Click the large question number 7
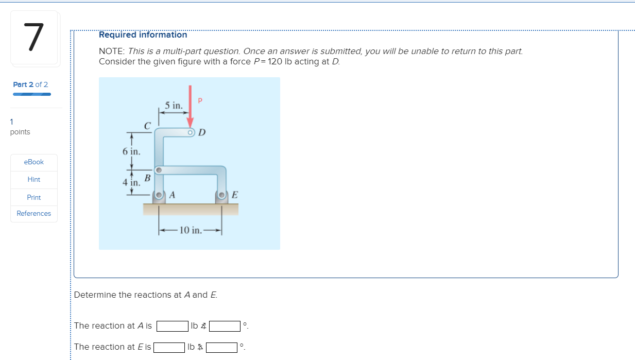(x=34, y=38)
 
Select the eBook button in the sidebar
(x=34, y=162)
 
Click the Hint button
(x=34, y=179)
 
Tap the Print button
(x=34, y=197)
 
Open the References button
(x=34, y=213)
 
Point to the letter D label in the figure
(x=202, y=133)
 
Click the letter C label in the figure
(x=147, y=125)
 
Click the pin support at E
(x=222, y=195)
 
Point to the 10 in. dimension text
(x=191, y=230)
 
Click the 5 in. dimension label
(x=174, y=106)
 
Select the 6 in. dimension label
(x=131, y=151)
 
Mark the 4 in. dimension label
(x=131, y=182)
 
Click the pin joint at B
(x=159, y=169)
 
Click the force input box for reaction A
(x=173, y=326)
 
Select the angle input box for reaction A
(x=225, y=326)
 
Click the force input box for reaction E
(x=170, y=347)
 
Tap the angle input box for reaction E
(x=222, y=347)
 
